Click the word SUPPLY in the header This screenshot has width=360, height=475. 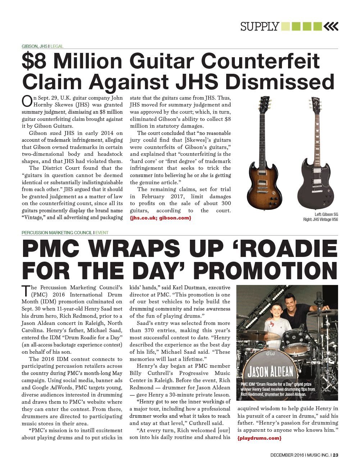coord(260,27)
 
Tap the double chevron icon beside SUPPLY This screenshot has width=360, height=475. coord(331,26)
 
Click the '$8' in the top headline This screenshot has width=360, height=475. coord(34,61)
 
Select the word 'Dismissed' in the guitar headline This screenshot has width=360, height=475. coord(280,82)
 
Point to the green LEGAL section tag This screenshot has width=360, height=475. coord(57,46)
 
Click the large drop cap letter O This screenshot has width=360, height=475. coord(27,101)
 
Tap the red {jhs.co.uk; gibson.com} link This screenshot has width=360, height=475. coord(160,218)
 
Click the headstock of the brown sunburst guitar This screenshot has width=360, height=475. coord(264,104)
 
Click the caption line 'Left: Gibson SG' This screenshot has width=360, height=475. coord(326,214)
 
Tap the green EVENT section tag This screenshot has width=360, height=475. coord(102,233)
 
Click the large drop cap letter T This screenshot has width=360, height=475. coord(26,291)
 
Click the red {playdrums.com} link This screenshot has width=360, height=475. coord(259,438)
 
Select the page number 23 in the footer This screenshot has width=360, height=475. coord(336,455)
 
